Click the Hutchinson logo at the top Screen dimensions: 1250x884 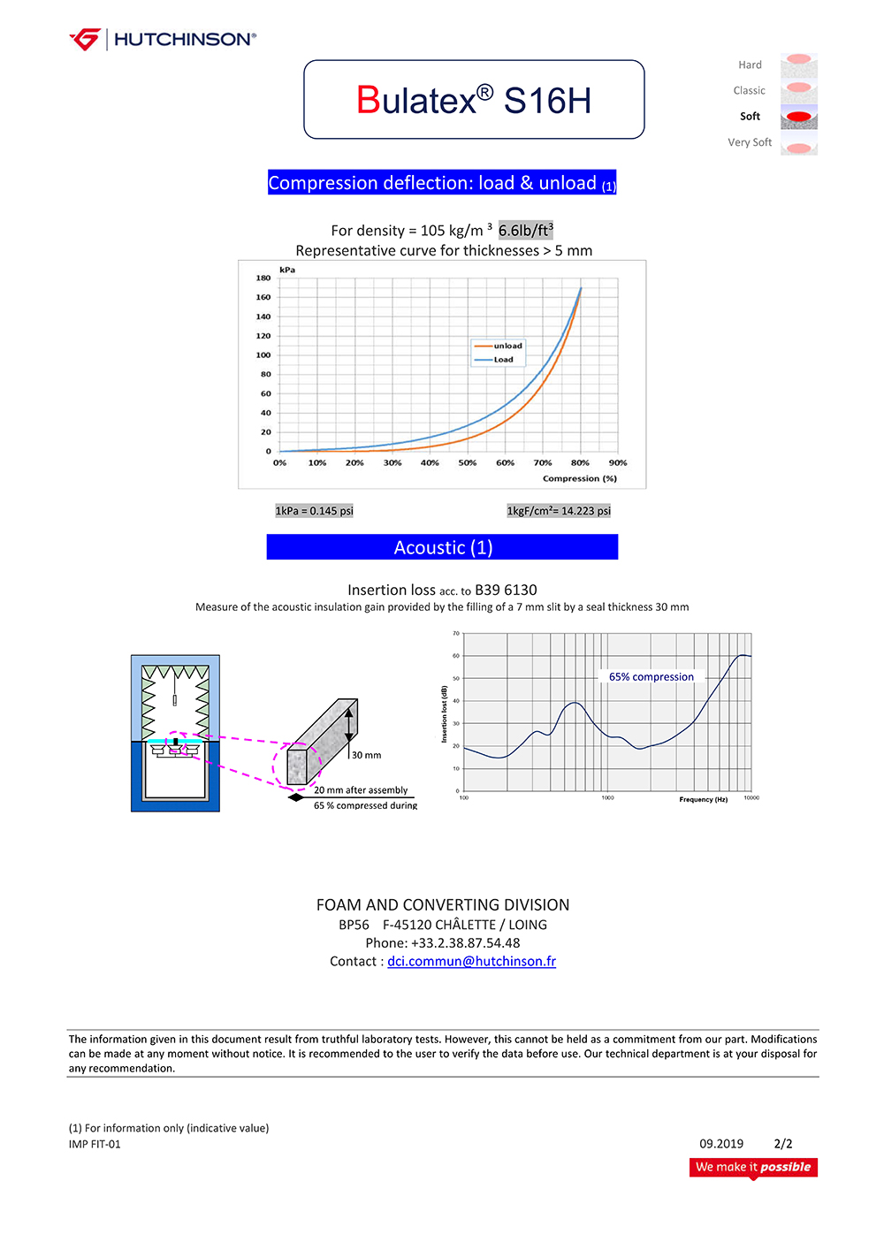(163, 39)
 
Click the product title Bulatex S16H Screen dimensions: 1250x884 (474, 100)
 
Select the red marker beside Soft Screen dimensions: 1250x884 (798, 117)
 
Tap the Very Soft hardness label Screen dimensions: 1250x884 (750, 142)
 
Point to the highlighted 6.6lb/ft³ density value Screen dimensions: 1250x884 (526, 230)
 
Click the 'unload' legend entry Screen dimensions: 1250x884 (507, 346)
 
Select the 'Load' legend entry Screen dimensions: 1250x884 (503, 360)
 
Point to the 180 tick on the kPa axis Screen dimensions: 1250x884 (263, 278)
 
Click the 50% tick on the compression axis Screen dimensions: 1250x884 (468, 463)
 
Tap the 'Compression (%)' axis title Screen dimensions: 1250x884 (580, 478)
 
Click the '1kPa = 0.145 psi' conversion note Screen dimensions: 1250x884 (314, 511)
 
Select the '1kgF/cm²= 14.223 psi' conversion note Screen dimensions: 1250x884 (559, 511)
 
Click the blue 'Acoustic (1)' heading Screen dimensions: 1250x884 (442, 547)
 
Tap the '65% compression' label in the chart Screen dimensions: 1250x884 (652, 677)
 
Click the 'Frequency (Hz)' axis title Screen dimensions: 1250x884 (703, 799)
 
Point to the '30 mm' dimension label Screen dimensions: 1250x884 (367, 755)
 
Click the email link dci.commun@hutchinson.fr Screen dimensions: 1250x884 (471, 961)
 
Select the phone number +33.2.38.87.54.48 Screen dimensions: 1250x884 (465, 942)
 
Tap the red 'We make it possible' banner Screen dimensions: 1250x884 (753, 1167)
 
